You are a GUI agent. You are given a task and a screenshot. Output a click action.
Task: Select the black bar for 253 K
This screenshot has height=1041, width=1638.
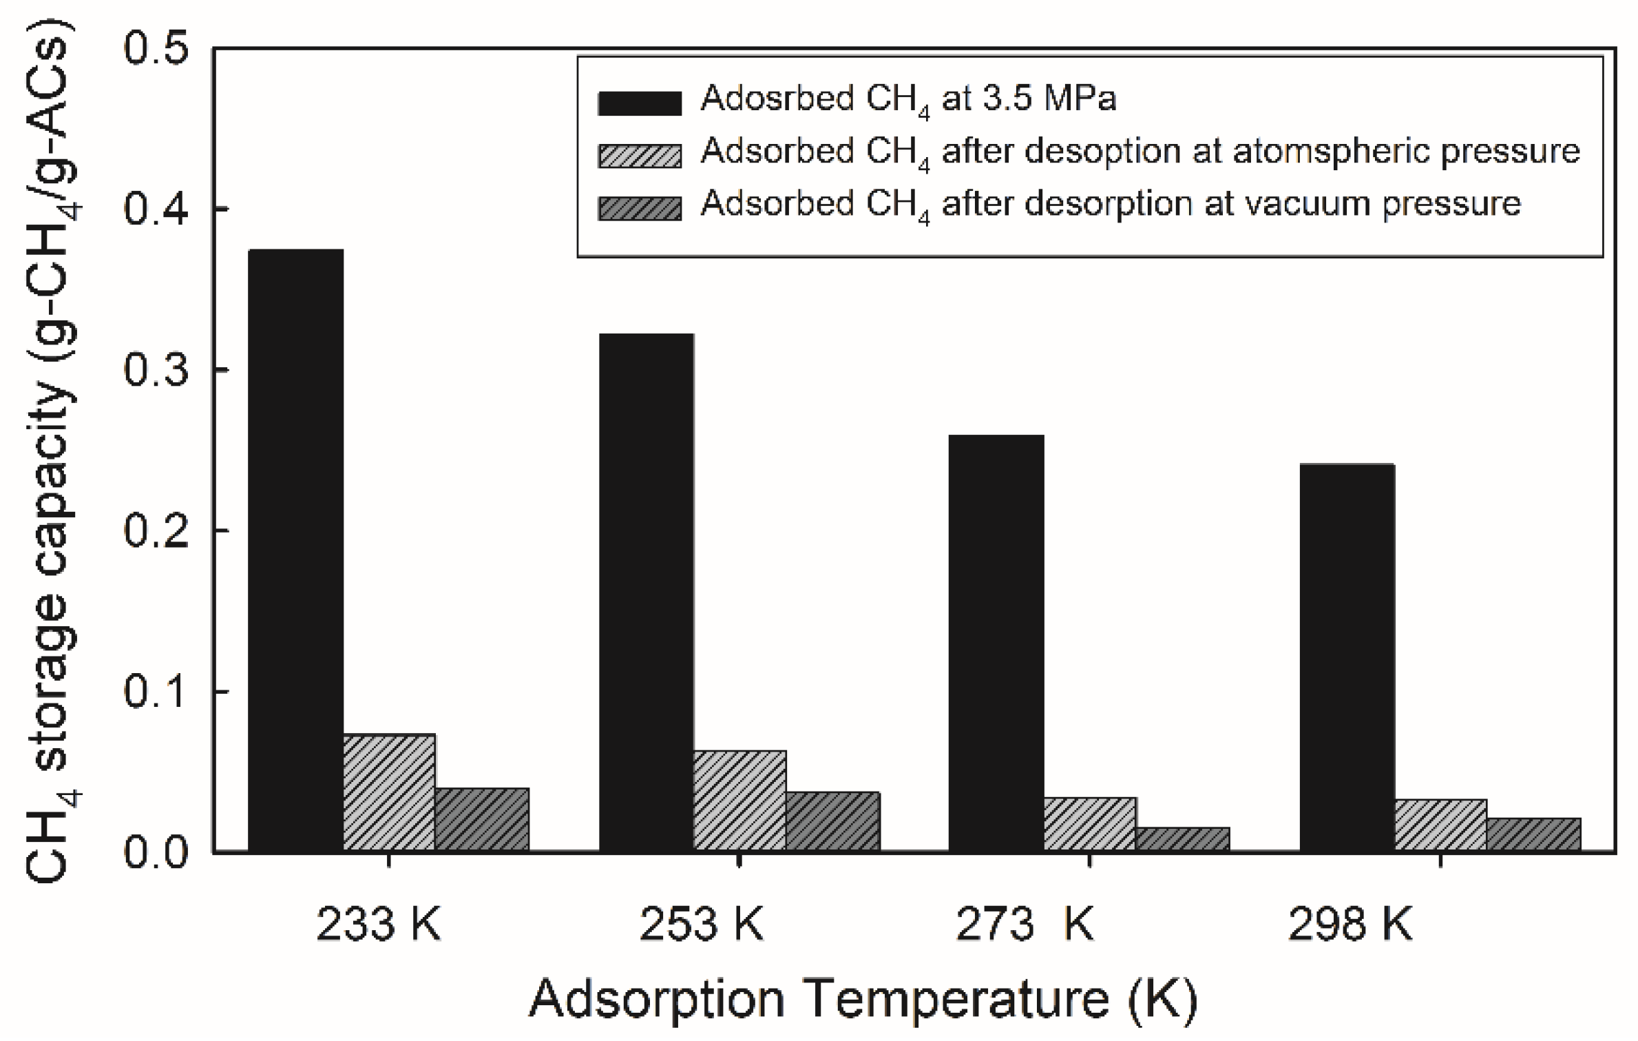[646, 592]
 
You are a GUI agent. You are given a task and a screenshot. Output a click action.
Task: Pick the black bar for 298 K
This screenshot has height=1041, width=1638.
[1347, 657]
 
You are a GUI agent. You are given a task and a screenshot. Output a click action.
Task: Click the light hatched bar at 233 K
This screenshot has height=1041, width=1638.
[389, 792]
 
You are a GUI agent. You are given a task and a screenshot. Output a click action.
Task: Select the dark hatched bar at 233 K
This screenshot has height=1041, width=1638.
[482, 819]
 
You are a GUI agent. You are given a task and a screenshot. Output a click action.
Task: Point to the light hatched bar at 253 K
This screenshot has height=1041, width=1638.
[739, 801]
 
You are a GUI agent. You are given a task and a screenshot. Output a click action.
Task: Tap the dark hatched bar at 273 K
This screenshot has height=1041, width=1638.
[1183, 838]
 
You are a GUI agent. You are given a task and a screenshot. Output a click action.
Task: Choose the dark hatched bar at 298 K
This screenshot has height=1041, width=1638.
[1533, 834]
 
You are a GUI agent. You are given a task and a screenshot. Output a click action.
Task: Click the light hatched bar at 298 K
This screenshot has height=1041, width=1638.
[1440, 825]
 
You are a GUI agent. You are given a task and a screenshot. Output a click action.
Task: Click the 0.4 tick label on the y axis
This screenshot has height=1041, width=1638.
[156, 209]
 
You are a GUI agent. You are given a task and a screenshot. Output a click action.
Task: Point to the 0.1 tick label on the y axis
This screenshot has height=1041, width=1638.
[156, 691]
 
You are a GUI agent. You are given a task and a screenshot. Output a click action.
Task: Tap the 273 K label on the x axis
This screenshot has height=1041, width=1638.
[1024, 924]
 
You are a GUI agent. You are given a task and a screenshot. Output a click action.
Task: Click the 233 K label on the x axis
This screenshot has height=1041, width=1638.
[378, 924]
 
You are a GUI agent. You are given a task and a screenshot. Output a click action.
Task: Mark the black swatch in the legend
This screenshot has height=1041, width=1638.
[640, 102]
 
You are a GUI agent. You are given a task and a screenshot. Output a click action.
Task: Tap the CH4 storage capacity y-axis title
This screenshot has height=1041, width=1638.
[52, 455]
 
